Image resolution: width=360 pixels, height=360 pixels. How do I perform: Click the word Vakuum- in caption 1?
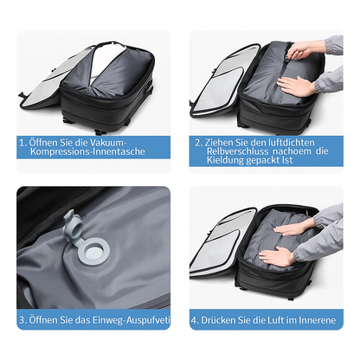tap(108, 143)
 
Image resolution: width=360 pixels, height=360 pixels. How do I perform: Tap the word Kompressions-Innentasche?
tap(87, 151)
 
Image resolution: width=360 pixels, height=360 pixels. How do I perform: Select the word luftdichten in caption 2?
tap(292, 143)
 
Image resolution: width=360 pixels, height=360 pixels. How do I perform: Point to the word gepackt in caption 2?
tap(262, 160)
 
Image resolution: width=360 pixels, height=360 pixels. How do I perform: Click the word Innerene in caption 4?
tap(318, 320)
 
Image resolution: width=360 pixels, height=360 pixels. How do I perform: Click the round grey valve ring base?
tap(94, 251)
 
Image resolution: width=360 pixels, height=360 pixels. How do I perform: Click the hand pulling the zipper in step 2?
tap(301, 49)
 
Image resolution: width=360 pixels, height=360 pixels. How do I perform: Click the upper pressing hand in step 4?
tap(291, 229)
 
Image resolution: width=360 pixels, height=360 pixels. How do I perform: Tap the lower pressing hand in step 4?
tap(276, 256)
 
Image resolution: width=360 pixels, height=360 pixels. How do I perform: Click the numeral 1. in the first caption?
tap(23, 143)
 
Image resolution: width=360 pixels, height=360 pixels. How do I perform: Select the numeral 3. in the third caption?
tap(23, 320)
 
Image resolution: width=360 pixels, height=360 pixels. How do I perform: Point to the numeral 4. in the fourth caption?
tap(195, 320)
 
